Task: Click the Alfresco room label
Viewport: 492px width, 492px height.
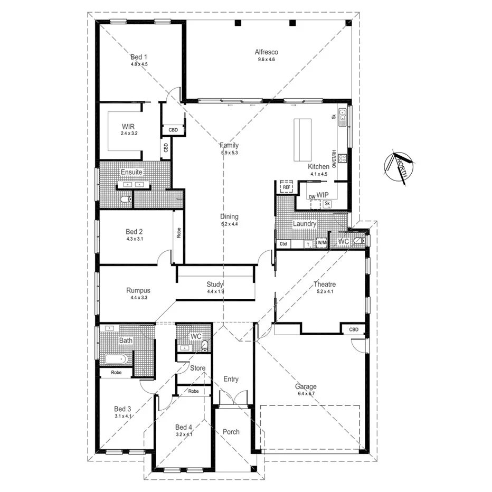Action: (x=266, y=52)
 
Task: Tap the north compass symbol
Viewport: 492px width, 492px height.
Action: (x=400, y=167)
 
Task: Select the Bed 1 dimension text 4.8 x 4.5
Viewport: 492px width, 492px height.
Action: (x=139, y=64)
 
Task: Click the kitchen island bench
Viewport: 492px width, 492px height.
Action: (x=304, y=141)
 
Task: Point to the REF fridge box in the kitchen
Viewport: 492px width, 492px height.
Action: (x=286, y=187)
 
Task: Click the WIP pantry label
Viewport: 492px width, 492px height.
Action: (x=323, y=195)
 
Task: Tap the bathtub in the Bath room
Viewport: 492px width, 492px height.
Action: (x=115, y=359)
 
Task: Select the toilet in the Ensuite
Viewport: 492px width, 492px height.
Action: (x=125, y=199)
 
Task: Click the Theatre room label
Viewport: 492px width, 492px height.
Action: (x=325, y=284)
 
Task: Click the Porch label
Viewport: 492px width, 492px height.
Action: (x=231, y=432)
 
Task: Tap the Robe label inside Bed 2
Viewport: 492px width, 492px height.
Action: (x=179, y=233)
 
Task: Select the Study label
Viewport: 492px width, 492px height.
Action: (x=215, y=284)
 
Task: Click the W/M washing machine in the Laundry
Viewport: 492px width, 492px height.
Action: (x=321, y=243)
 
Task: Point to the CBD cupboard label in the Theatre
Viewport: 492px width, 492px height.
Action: (x=353, y=329)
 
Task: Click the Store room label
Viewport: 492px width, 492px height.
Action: (x=197, y=368)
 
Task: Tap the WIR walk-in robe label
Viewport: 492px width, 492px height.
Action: (x=128, y=127)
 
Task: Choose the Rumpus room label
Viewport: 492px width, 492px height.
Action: (x=138, y=290)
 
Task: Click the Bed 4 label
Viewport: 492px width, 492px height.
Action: (x=183, y=427)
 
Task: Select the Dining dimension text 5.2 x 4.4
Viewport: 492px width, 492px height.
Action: (x=230, y=224)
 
